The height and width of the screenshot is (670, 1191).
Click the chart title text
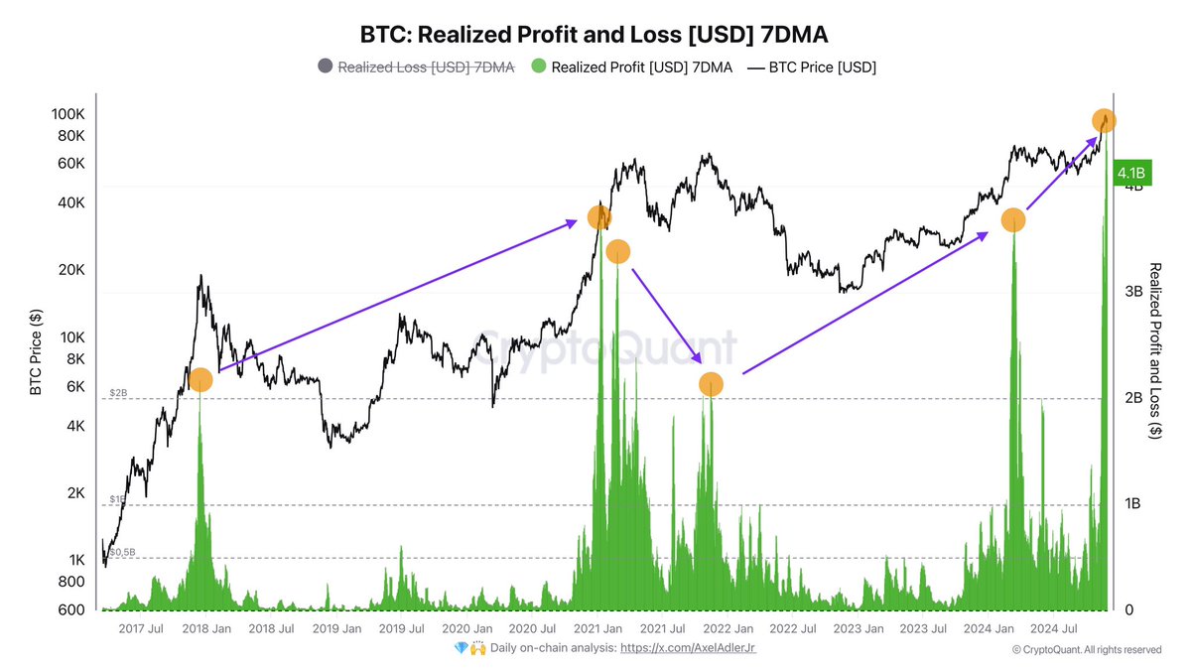point(594,35)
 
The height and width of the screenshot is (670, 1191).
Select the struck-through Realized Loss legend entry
point(416,67)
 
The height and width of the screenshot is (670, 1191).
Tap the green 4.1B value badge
point(1130,174)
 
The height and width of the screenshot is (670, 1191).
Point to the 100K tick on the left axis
point(69,114)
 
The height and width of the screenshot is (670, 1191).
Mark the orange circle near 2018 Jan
point(200,379)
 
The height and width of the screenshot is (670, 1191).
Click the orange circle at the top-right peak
point(1105,120)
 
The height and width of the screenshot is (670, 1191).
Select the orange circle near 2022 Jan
point(711,384)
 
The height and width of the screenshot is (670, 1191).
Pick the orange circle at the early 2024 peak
point(1013,220)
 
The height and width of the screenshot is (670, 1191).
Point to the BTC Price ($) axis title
point(36,352)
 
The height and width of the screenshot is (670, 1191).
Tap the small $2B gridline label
point(118,393)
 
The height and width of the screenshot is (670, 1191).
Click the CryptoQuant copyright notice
point(1086,649)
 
